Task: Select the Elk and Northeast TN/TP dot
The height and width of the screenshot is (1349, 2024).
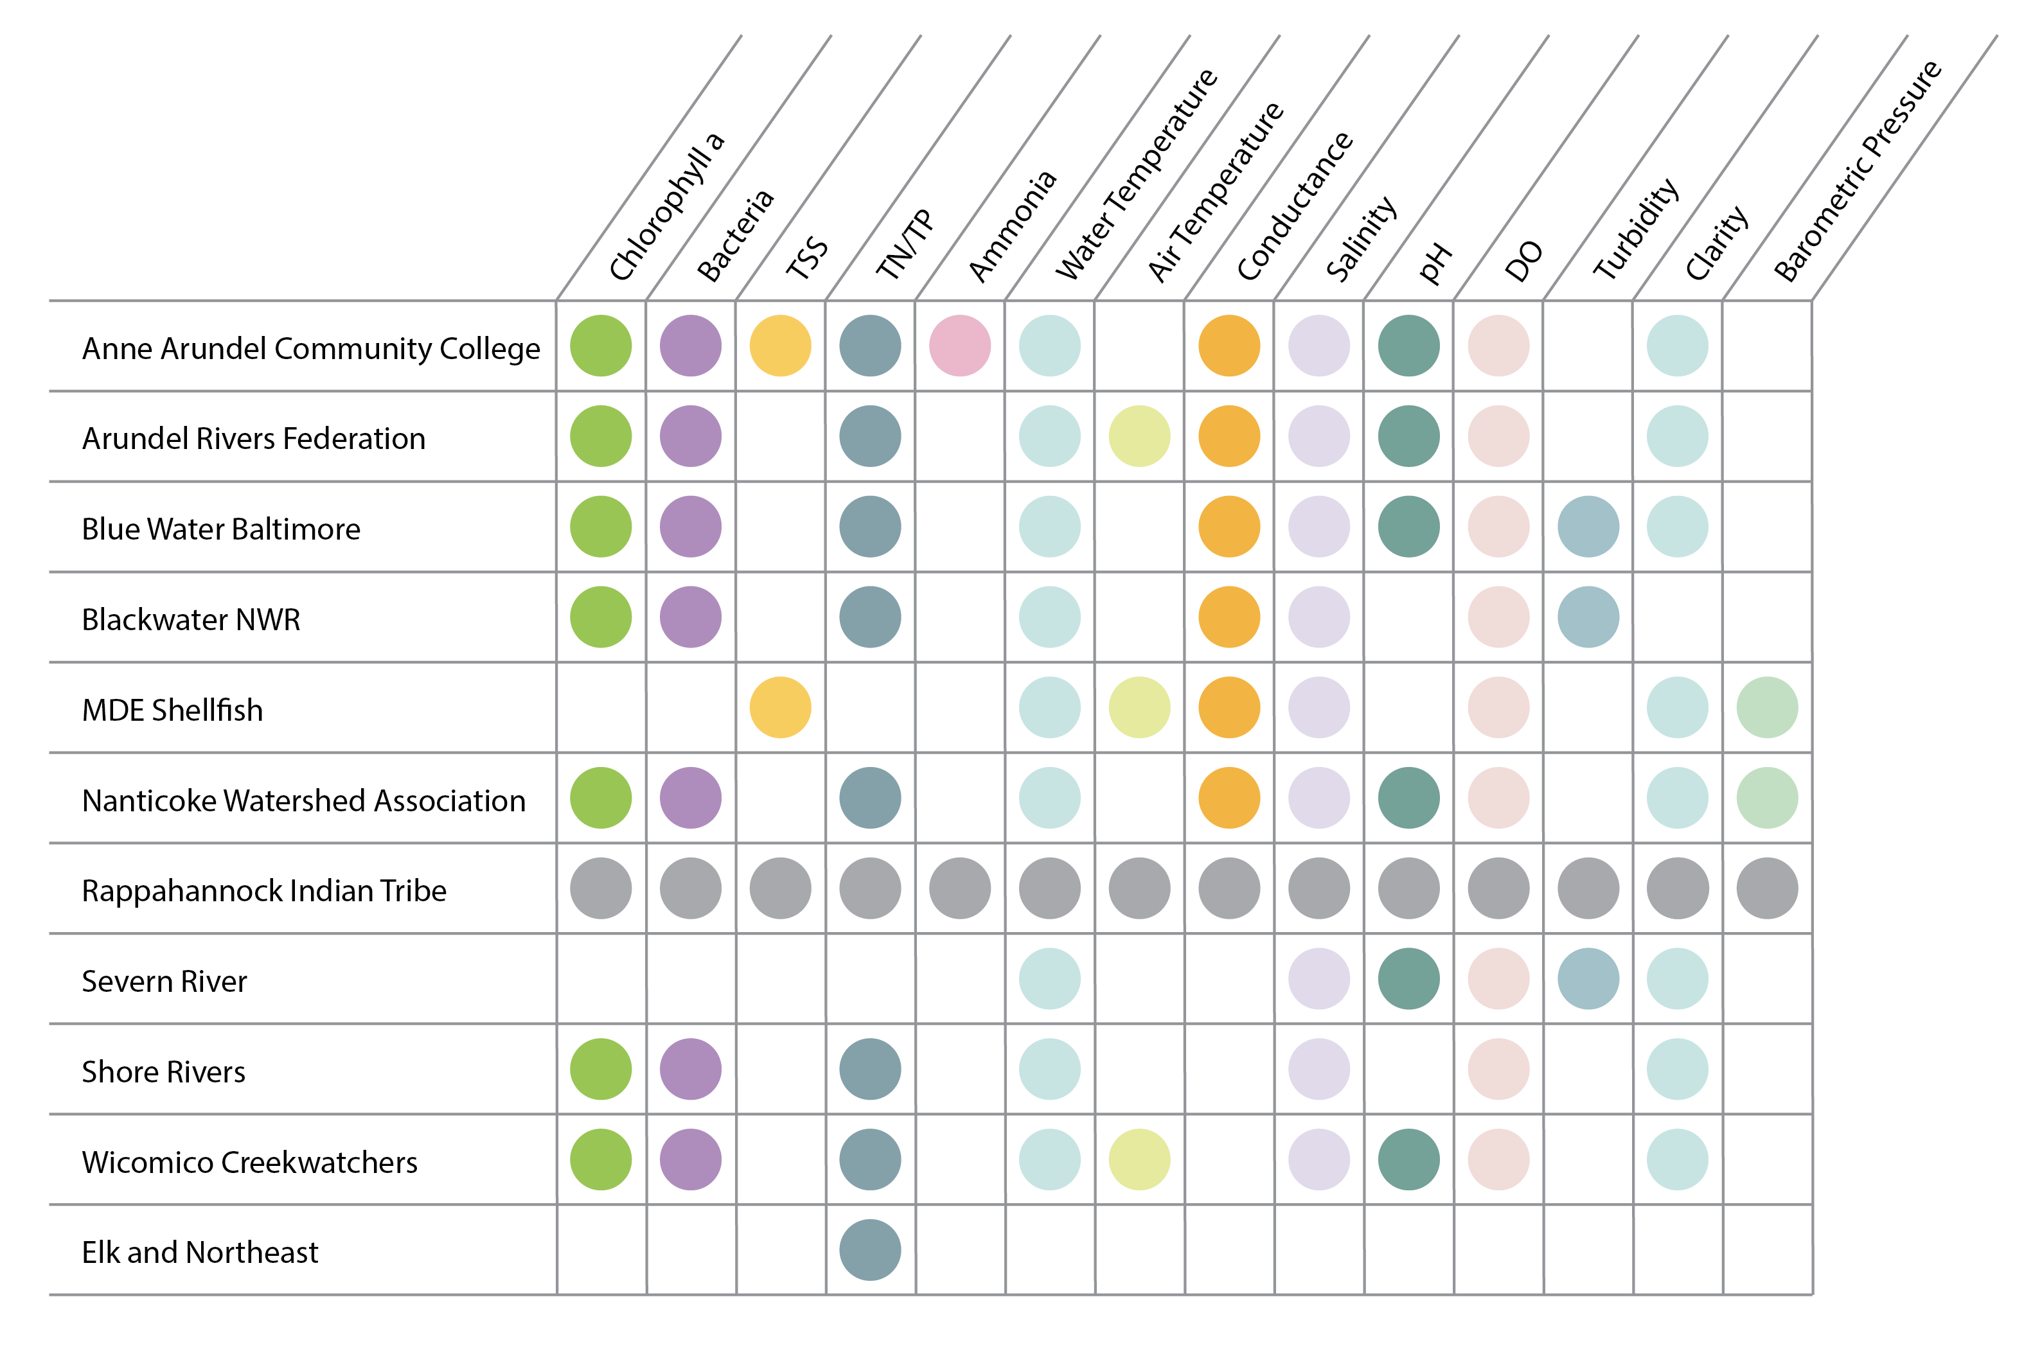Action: [870, 1250]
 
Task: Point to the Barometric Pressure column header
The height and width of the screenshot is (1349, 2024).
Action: [1857, 172]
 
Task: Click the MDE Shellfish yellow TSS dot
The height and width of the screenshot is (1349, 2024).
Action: [781, 707]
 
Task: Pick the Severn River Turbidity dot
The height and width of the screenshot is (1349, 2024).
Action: [1588, 978]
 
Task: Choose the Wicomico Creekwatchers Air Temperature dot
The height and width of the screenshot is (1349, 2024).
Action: [1139, 1159]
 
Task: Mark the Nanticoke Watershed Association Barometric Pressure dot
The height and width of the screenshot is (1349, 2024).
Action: [1767, 798]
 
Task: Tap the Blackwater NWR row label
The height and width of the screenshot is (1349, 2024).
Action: [191, 619]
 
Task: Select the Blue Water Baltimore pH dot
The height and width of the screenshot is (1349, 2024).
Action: [1408, 527]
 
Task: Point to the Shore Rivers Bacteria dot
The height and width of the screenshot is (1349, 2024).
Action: [690, 1070]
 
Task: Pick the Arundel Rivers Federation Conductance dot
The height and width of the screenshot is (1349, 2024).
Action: [1229, 436]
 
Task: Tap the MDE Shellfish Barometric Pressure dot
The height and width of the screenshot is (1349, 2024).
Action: [1767, 707]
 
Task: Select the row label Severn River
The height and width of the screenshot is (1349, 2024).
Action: [164, 982]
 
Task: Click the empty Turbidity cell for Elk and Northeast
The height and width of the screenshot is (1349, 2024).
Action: [1588, 1250]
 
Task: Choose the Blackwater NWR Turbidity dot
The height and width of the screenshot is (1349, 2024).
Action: [1588, 617]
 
